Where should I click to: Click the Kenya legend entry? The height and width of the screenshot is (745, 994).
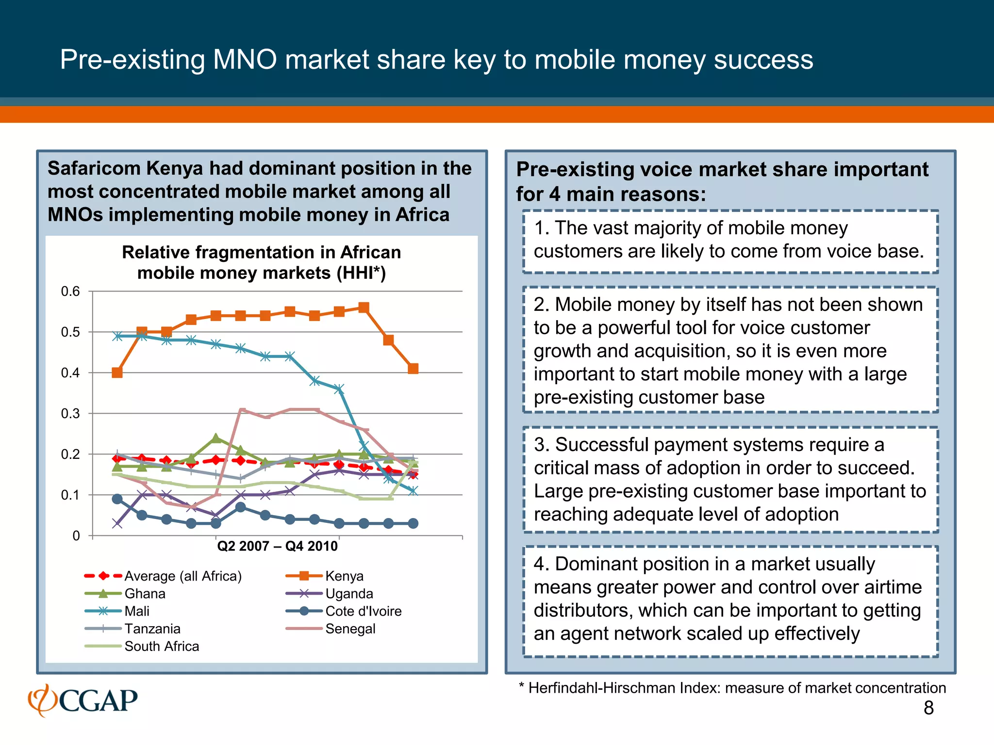pos(344,576)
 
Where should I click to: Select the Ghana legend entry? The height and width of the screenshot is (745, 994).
pos(145,594)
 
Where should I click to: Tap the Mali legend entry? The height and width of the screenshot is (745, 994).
pos(137,611)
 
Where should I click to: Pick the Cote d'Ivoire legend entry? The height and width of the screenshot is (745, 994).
pos(363,611)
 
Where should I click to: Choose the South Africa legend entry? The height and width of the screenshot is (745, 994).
pos(162,647)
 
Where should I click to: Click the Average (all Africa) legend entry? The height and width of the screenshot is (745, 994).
pos(182,576)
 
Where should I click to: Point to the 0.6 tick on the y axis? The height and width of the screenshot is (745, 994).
pos(70,292)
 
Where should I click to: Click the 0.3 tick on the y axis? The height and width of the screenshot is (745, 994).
pos(70,414)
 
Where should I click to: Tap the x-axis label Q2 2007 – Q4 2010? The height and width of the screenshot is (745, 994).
pos(277,547)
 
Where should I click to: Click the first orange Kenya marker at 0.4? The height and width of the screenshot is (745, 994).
pos(117,372)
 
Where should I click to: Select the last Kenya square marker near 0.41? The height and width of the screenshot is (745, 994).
pos(413,369)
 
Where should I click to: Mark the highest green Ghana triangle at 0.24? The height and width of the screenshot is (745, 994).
pos(216,438)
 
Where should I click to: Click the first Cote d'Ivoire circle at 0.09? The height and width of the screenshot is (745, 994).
pos(117,499)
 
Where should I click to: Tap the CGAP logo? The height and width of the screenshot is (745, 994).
pos(83,700)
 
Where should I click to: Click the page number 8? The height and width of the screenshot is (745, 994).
pos(928,708)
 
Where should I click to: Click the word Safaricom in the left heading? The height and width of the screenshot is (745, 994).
pos(96,168)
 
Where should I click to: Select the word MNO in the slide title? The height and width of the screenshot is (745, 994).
pos(245,60)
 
